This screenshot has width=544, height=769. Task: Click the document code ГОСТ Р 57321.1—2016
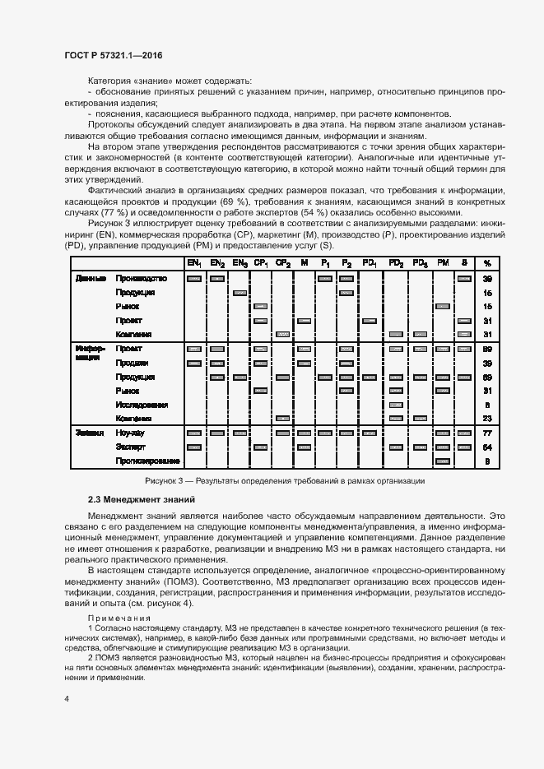[113, 55]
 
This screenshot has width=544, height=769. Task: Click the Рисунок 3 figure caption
[284, 480]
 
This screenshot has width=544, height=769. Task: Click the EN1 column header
[194, 263]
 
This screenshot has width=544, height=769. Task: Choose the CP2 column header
[282, 263]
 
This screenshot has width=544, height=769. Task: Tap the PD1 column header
[370, 263]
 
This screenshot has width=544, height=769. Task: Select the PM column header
[443, 263]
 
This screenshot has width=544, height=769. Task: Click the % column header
[487, 263]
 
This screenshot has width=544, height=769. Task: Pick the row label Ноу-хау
[131, 433]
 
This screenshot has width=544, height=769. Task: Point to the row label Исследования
[142, 405]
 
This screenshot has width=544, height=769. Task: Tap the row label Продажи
[132, 363]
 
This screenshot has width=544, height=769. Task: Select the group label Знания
[90, 433]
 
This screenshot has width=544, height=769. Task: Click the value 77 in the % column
[487, 433]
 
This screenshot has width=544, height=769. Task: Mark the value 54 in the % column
[487, 447]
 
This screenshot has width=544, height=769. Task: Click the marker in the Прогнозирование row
[443, 461]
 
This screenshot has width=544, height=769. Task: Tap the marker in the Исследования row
[395, 405]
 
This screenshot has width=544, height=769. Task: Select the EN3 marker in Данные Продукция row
[239, 293]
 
